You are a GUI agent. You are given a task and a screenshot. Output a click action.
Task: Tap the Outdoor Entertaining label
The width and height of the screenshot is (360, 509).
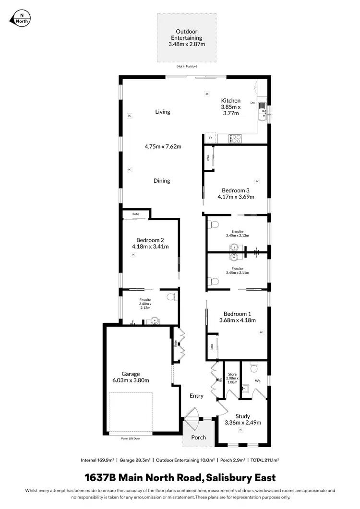tap(187, 35)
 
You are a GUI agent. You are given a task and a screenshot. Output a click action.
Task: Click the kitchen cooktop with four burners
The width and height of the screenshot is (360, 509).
tap(235, 139)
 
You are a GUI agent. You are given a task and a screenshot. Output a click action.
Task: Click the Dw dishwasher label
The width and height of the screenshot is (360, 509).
tap(252, 103)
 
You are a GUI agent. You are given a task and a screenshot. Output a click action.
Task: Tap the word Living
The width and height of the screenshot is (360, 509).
tap(163, 112)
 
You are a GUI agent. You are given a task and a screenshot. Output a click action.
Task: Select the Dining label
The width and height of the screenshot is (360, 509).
tap(162, 181)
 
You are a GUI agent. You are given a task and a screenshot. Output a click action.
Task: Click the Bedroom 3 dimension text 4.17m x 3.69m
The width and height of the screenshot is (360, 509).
tap(235, 197)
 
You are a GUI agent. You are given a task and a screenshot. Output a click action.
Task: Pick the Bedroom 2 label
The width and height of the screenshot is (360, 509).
tap(150, 240)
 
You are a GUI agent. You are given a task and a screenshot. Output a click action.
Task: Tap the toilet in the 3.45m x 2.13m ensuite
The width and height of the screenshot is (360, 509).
tap(214, 224)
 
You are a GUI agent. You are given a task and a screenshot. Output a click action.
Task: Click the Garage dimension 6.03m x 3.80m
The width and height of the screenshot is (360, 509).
tap(131, 380)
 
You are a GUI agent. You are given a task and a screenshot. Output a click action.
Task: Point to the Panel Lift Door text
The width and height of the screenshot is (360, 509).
tap(131, 438)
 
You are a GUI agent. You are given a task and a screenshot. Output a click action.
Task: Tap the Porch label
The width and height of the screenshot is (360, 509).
tap(199, 438)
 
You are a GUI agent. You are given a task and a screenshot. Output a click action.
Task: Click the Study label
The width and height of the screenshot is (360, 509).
tap(242, 416)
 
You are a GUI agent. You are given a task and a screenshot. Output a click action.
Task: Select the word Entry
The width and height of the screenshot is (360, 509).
tap(196, 396)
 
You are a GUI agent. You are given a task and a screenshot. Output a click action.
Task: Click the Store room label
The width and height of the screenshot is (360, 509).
tap(232, 374)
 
